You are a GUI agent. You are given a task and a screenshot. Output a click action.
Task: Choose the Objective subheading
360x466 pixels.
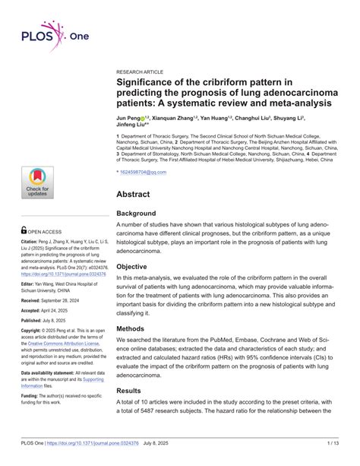[x=137, y=267]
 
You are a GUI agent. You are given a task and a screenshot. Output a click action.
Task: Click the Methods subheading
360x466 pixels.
[x=135, y=329]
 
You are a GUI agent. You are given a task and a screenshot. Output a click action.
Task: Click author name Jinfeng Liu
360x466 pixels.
[x=134, y=127]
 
